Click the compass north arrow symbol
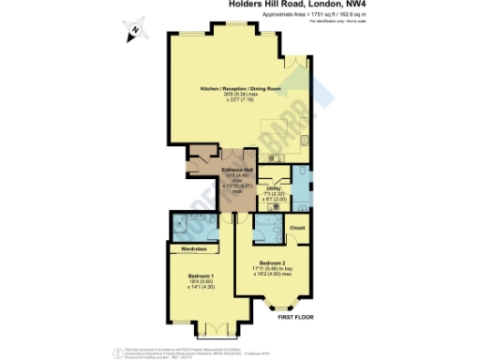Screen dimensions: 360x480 pyautogui.click(x=133, y=30)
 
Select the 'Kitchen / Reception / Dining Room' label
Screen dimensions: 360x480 pyautogui.click(x=240, y=88)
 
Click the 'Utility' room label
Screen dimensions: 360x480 pyautogui.click(x=274, y=188)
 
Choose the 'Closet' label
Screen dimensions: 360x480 pyautogui.click(x=298, y=228)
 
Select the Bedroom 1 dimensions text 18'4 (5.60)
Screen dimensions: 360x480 pyautogui.click(x=202, y=280)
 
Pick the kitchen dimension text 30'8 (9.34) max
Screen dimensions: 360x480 pyautogui.click(x=240, y=94)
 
